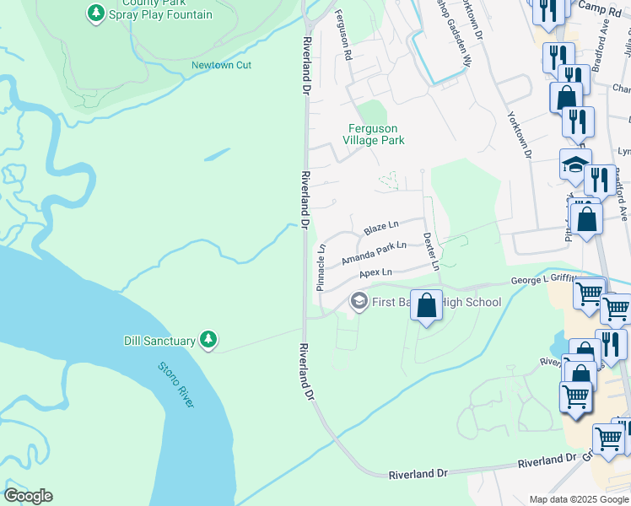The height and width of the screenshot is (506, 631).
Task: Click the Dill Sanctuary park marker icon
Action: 208,340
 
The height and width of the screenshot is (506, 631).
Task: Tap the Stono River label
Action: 175,385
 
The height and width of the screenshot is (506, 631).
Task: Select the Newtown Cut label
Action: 221,65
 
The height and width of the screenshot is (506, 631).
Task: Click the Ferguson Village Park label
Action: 377,134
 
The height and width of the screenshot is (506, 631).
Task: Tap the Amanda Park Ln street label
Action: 374,254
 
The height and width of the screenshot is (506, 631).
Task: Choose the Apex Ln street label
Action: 375,273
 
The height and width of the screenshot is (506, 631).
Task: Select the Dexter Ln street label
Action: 430,251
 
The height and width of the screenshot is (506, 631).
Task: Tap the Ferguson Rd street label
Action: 342,35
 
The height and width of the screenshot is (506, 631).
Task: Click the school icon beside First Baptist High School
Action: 359,301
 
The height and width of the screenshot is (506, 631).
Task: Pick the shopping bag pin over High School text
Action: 427,304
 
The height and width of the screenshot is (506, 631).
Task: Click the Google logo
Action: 28,496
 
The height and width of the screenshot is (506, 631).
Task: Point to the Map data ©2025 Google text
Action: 578,499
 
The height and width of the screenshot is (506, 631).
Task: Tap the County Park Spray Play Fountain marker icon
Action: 95,13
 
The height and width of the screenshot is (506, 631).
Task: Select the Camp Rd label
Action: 592,6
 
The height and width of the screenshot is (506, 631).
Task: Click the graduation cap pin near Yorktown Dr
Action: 575,164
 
